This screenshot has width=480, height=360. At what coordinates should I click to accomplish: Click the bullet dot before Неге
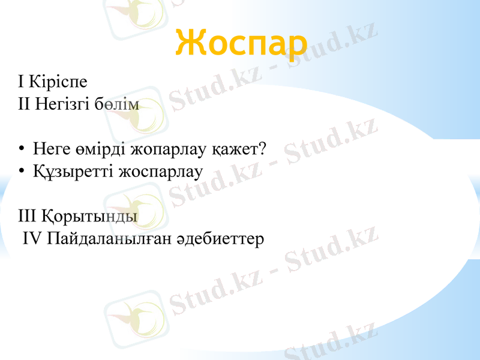[x=21, y=148]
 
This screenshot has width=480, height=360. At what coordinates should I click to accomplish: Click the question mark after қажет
[x=262, y=148]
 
